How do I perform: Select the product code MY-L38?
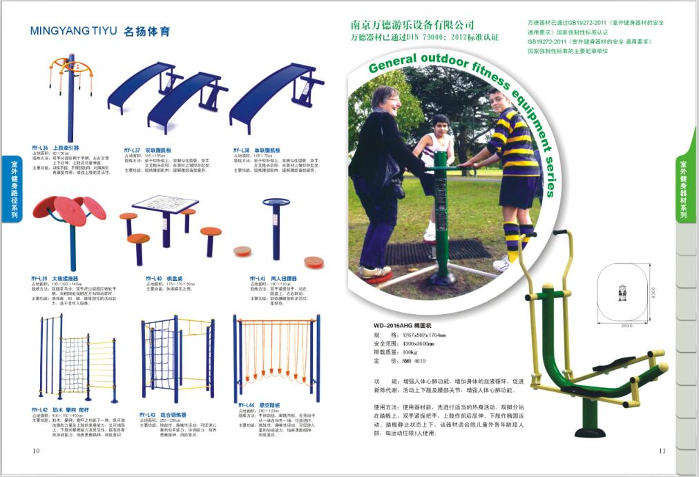coord(241,149)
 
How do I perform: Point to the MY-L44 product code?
coord(247,405)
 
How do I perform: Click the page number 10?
coord(36,451)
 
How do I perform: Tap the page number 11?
coord(662,451)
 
